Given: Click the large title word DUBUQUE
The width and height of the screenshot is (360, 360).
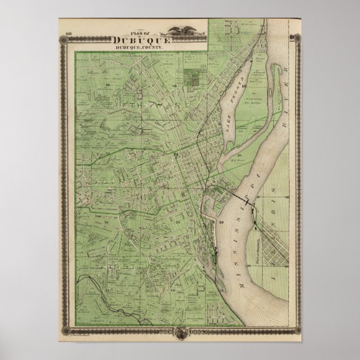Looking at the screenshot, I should click(x=143, y=40).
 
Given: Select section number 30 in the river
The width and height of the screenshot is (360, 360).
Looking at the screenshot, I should click(x=221, y=223).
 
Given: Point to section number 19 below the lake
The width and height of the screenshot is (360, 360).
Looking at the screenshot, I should click(x=239, y=155).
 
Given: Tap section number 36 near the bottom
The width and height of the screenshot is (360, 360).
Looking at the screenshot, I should click(x=174, y=290).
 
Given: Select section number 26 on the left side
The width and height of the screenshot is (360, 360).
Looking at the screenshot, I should click(x=105, y=222).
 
